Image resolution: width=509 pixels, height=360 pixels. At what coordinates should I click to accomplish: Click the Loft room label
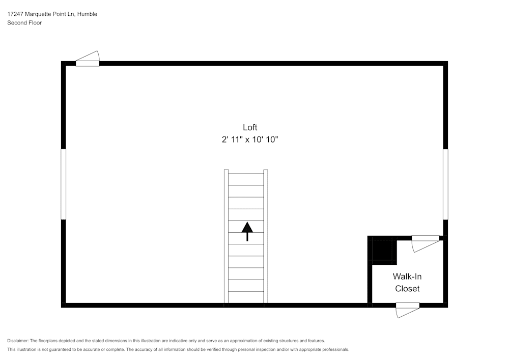pos(250,127)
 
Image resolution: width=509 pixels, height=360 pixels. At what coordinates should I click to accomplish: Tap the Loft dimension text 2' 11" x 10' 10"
pos(250,140)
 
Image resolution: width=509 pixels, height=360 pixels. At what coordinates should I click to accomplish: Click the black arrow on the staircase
pos(247,232)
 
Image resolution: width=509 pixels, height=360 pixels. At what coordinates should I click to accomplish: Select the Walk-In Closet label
pos(407,283)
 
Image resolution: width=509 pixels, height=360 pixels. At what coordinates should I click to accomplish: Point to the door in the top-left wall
pos(88,59)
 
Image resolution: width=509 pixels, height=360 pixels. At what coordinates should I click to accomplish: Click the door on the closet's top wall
pos(426,243)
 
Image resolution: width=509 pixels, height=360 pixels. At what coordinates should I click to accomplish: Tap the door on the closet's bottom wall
pos(408,310)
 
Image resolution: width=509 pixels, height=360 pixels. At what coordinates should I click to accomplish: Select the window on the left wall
pos(63,184)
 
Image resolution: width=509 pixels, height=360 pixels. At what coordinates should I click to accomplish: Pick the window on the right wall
pos(445,184)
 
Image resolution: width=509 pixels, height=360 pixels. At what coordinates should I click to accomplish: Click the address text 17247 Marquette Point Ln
pos(41,14)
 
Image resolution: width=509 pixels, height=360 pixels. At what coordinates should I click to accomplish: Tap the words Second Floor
pos(24,23)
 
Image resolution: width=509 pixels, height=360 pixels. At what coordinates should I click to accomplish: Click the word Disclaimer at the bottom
pos(18,341)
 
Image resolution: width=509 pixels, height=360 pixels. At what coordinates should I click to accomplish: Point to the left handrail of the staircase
pos(227,236)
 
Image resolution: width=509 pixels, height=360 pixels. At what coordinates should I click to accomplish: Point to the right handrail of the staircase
pos(266,236)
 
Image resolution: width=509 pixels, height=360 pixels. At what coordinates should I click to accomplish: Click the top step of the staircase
pos(246,180)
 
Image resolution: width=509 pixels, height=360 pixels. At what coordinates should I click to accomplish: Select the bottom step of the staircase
pos(246,297)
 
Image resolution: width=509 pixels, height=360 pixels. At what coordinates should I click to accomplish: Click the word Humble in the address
pos(88,14)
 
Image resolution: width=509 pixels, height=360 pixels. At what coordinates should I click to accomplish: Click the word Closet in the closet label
pos(407,289)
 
